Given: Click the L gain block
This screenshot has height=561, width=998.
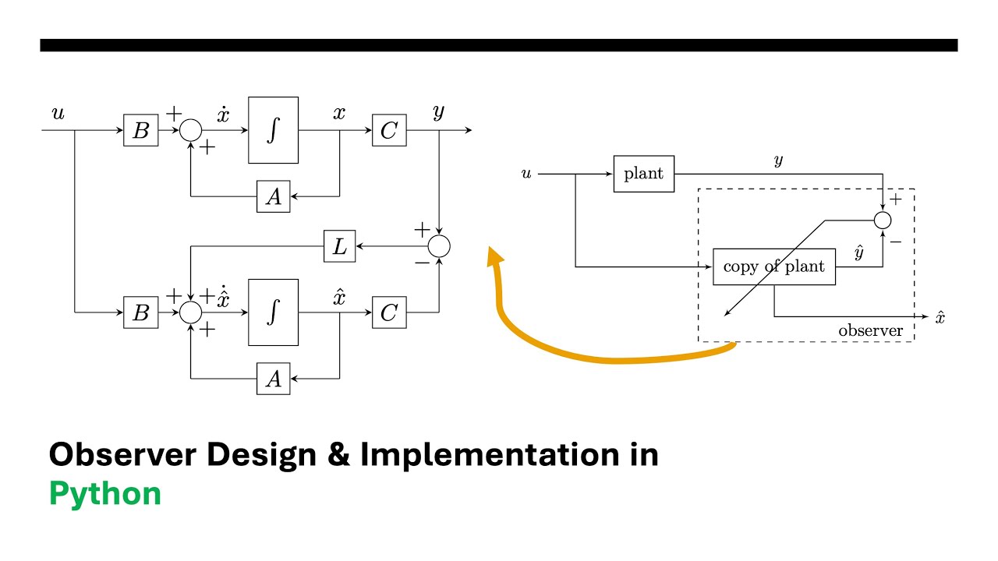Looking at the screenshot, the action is click(x=339, y=246).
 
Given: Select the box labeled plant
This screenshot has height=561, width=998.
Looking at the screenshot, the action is click(x=644, y=174).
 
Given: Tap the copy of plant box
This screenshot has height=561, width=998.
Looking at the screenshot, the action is click(x=774, y=266).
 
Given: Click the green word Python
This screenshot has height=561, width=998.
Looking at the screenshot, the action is click(x=105, y=495).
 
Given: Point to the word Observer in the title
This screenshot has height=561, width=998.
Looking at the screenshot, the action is click(x=122, y=454).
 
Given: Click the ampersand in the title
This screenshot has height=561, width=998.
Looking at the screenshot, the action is click(x=338, y=454).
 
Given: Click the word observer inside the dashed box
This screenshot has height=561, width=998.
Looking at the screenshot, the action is click(x=870, y=331).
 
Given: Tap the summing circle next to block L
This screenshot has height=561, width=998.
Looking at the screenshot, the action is click(x=439, y=246).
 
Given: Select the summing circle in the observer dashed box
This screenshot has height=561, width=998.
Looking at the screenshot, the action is click(x=883, y=221).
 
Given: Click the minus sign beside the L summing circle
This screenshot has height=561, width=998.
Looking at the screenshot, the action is click(x=422, y=263).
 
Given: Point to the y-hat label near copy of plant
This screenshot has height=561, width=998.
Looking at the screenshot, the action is click(x=859, y=252).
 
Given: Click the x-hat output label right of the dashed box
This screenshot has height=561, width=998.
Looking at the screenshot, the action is click(x=940, y=317).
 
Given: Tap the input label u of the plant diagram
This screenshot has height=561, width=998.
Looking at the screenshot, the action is click(x=526, y=173).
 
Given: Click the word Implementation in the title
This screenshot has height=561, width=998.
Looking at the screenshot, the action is click(x=490, y=454).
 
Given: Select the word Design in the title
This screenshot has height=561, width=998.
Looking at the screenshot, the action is click(x=261, y=454).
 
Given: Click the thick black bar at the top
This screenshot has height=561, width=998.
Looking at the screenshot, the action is click(x=499, y=45).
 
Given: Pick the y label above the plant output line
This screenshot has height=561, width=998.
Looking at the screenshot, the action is click(x=778, y=160).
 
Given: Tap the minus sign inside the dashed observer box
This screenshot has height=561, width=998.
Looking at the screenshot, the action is click(x=896, y=242).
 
